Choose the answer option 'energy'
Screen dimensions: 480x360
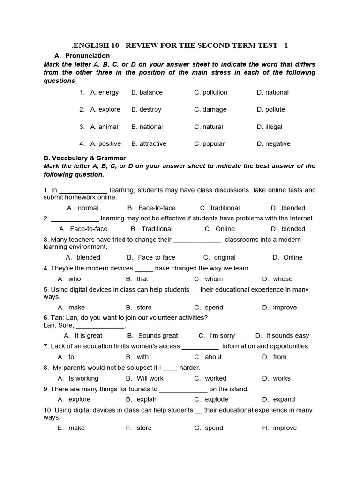[x=108, y=92]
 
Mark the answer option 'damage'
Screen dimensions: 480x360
[x=214, y=109]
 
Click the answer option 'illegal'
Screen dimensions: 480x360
[x=273, y=127]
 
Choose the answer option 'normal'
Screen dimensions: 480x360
[x=88, y=208]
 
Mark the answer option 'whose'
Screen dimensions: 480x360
[x=283, y=279]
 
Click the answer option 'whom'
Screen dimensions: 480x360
[x=214, y=279]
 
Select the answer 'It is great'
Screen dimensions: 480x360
[x=88, y=335]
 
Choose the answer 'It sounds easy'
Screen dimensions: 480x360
[x=287, y=335]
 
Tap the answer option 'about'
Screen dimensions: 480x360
[x=213, y=357]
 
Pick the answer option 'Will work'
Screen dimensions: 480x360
[x=150, y=378]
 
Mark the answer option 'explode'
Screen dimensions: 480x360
[x=217, y=399]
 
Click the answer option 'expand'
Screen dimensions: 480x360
[x=284, y=399]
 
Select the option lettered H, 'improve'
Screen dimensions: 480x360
[x=285, y=427]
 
